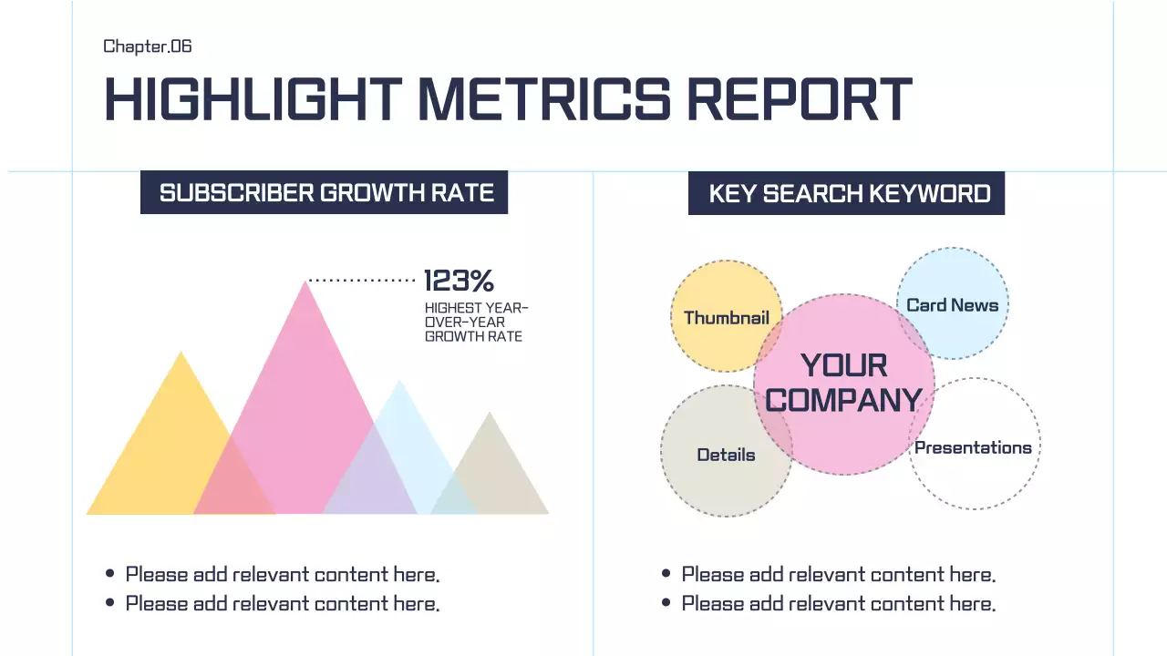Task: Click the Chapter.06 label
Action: (148, 46)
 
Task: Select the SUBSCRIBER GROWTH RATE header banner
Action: (324, 193)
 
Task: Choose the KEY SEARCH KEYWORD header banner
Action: (846, 194)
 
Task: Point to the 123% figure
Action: (459, 281)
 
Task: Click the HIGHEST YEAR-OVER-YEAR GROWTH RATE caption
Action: (476, 323)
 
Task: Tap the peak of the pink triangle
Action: (305, 283)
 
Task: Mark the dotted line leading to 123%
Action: (362, 281)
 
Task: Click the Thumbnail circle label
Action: (727, 318)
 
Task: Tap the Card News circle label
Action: (952, 305)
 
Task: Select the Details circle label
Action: (726, 455)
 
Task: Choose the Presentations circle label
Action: (973, 447)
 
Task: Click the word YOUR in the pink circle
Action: (843, 366)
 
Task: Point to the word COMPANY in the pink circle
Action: (843, 400)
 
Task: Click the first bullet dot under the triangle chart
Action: (110, 574)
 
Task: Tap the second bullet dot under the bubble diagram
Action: (666, 603)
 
